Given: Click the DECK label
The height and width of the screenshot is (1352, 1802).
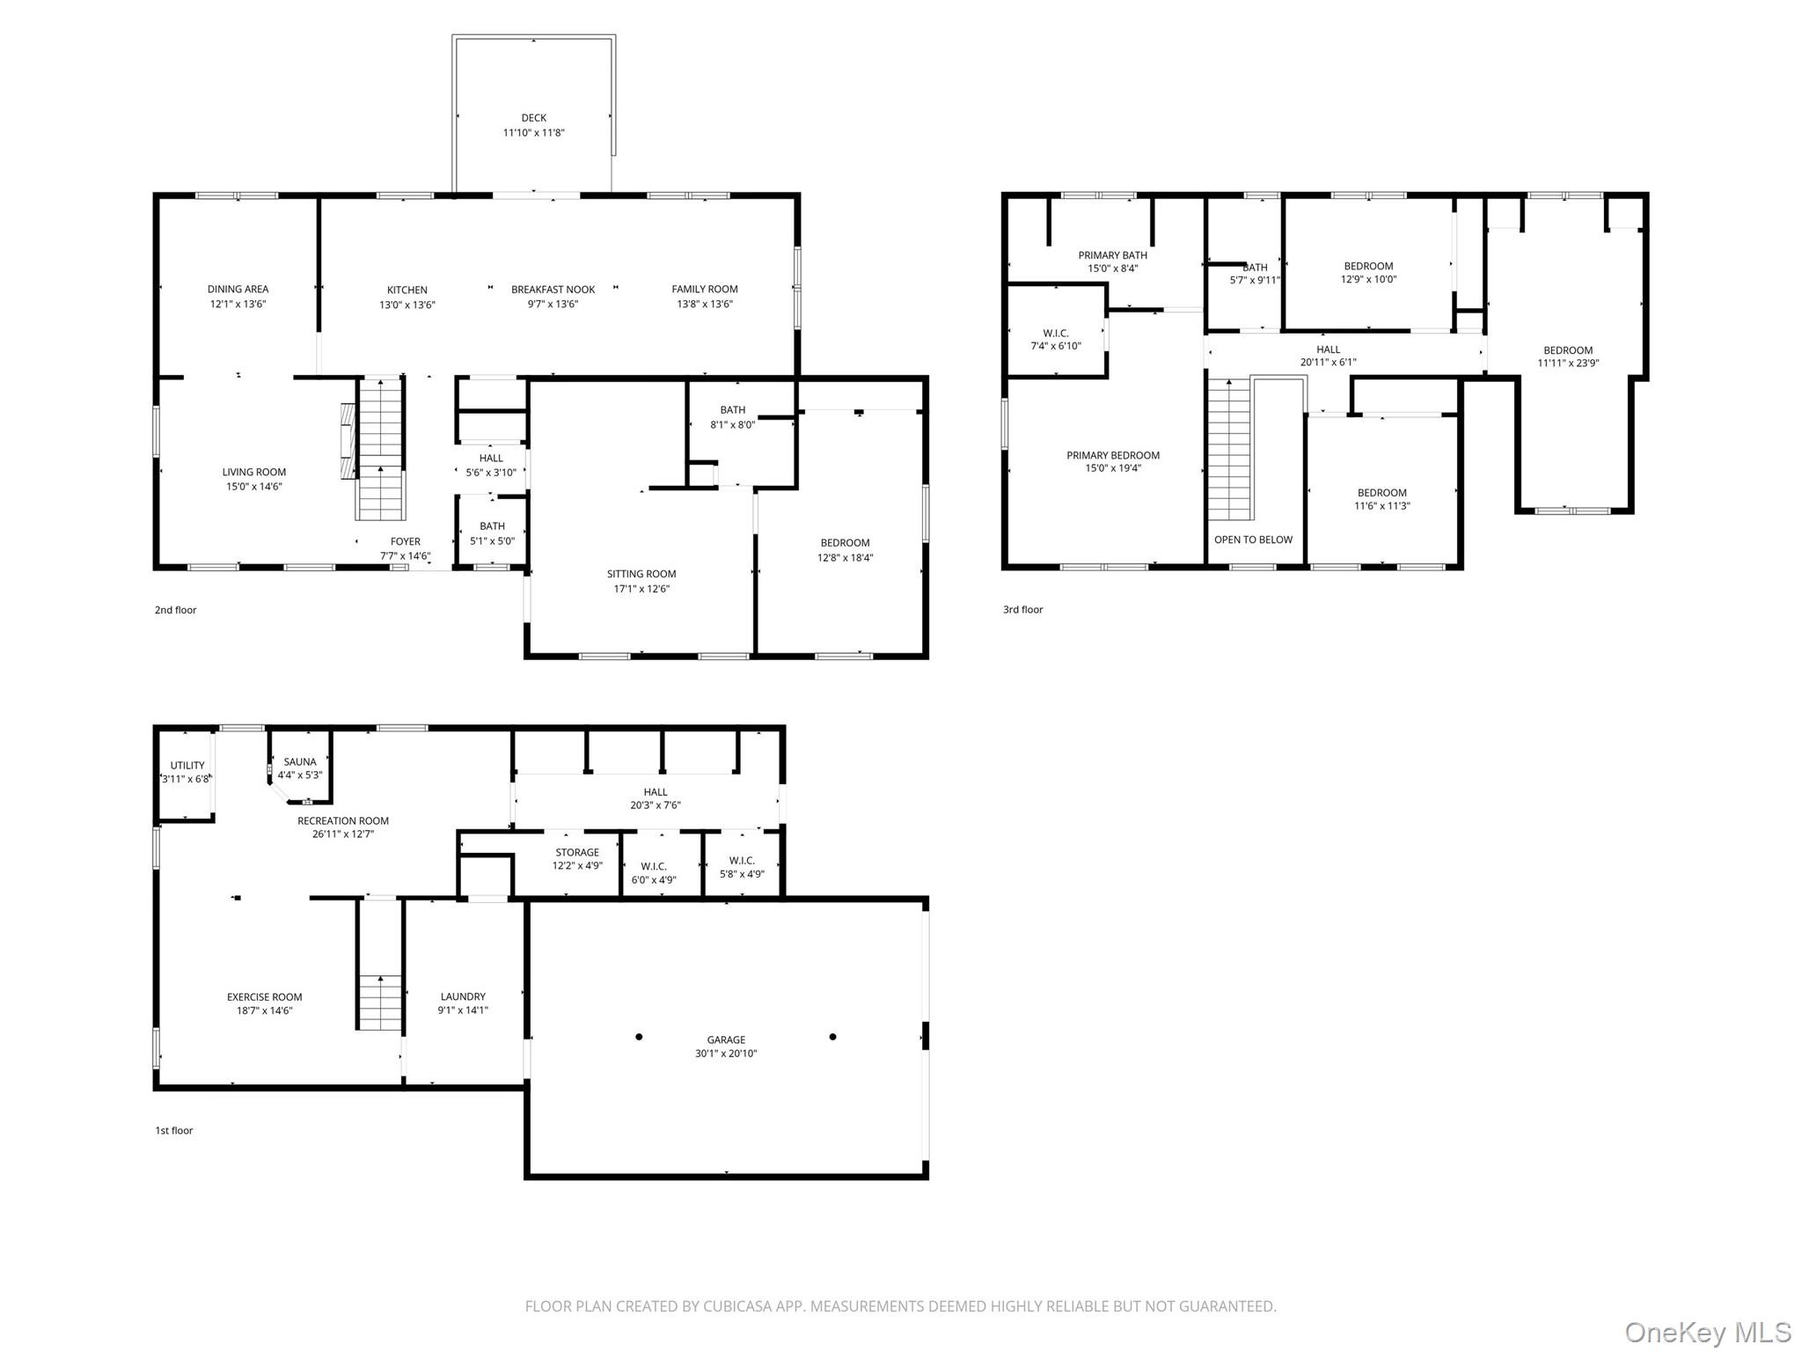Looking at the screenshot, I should click(x=533, y=118).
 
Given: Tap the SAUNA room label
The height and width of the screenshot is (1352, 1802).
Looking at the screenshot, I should click(x=300, y=762).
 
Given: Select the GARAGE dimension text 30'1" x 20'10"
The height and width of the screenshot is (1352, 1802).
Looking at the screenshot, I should click(x=726, y=1054).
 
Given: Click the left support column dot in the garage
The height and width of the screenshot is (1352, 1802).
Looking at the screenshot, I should click(x=639, y=1037).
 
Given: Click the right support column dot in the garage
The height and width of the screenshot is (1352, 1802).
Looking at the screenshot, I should click(x=832, y=1037).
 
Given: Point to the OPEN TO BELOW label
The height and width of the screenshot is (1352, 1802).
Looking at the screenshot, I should click(x=1253, y=540).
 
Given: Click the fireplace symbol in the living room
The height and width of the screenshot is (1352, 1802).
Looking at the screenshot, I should click(x=349, y=441).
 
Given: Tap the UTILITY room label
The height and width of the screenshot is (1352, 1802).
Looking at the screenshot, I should click(x=187, y=766).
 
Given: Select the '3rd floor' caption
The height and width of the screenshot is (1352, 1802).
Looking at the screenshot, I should click(x=1022, y=609).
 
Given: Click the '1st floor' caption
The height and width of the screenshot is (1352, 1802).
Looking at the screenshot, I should click(x=173, y=1130).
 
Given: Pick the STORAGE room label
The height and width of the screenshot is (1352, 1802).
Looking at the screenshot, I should click(x=577, y=852).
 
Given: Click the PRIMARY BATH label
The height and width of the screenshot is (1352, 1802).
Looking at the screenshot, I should click(x=1112, y=255).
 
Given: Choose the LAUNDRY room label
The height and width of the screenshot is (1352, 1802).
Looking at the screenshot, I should click(x=463, y=996).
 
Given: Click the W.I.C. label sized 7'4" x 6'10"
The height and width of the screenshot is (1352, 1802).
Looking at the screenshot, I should click(x=1056, y=333).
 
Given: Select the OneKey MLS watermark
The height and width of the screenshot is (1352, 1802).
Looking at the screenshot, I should click(x=1707, y=1332).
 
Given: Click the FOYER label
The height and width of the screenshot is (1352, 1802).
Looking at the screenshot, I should click(x=406, y=541).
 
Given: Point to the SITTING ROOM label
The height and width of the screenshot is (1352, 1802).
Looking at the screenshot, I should click(x=641, y=574).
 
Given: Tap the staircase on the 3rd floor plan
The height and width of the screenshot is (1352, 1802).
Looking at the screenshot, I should click(x=1229, y=449).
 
